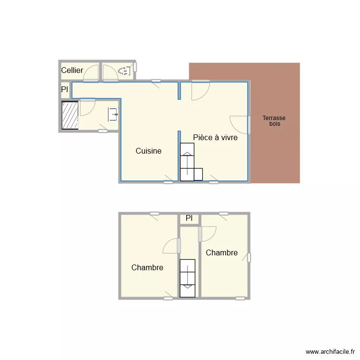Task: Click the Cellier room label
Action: pyautogui.click(x=72, y=71)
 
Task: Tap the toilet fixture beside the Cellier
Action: pyautogui.click(x=124, y=71)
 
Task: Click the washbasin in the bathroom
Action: pyautogui.click(x=113, y=114)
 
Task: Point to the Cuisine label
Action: pyautogui.click(x=148, y=151)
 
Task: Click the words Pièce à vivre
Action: pyautogui.click(x=215, y=138)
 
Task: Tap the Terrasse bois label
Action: pyautogui.click(x=274, y=121)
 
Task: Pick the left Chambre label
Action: pyautogui.click(x=147, y=268)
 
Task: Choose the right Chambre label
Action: pyautogui.click(x=221, y=253)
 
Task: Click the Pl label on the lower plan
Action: pyautogui.click(x=189, y=218)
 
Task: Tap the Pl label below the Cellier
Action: pyautogui.click(x=64, y=90)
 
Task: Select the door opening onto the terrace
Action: pyautogui.click(x=239, y=124)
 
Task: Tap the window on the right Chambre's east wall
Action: pyautogui.click(x=249, y=258)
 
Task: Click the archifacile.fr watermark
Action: pyautogui.click(x=330, y=352)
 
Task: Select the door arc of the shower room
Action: pyautogui.click(x=87, y=108)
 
